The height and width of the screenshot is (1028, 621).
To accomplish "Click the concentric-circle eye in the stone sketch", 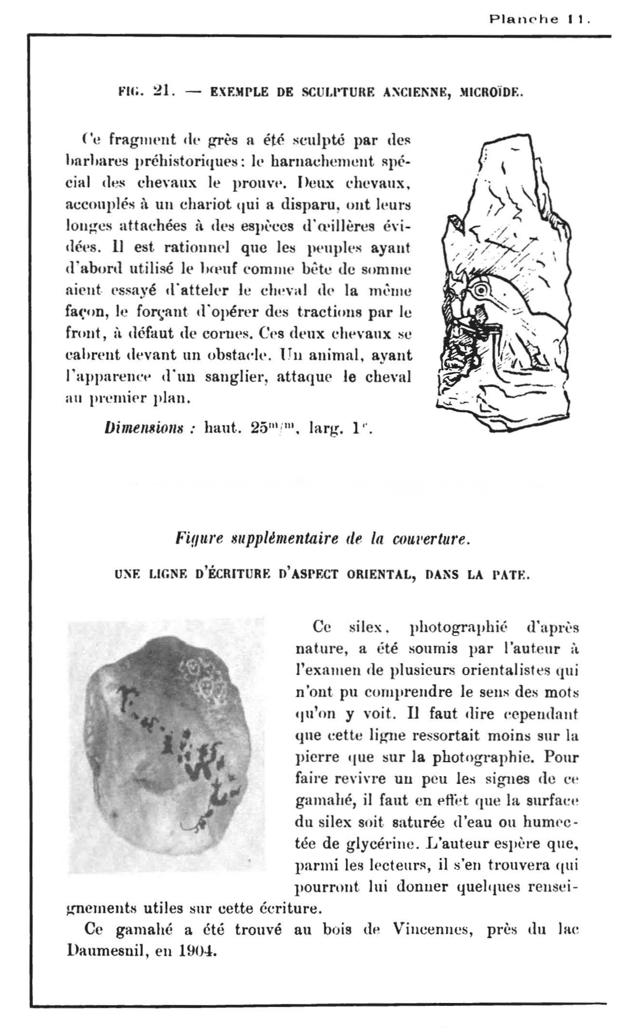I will coord(481,290).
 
